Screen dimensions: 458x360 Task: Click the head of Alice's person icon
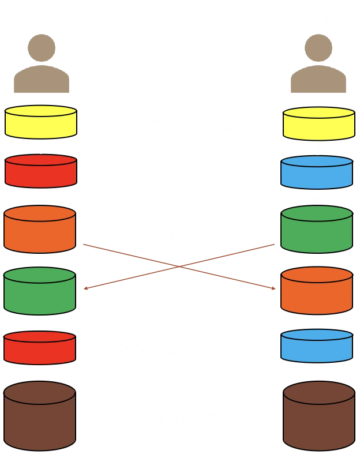42,47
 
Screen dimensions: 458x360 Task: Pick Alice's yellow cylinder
41,122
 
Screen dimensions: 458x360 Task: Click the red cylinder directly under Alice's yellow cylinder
41,171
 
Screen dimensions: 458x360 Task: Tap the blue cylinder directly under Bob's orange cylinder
317,346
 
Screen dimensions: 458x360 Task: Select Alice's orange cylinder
40,230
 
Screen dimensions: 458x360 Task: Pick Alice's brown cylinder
40,416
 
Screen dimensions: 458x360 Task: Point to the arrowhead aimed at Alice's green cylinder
86,288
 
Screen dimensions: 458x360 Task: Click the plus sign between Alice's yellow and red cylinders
40,149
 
